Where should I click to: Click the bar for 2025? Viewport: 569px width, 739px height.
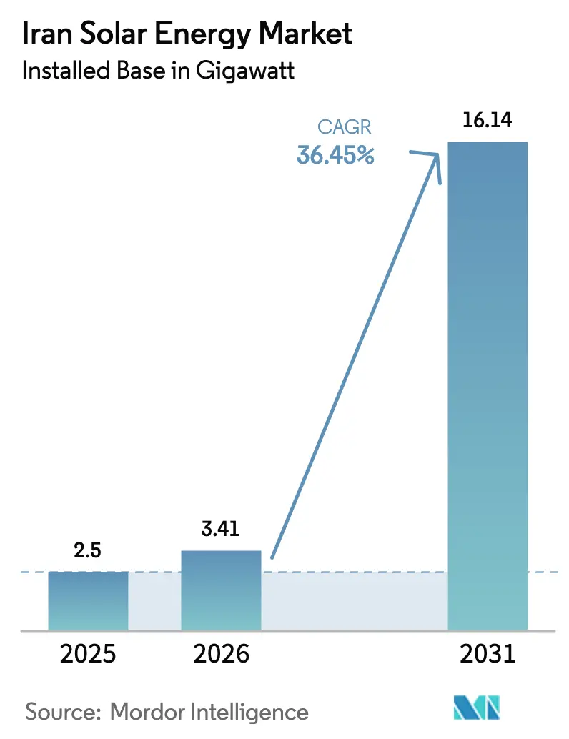click(89, 600)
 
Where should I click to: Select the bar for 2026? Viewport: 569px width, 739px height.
click(221, 590)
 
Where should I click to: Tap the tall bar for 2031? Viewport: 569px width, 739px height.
click(487, 386)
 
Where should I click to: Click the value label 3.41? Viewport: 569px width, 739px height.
click(221, 530)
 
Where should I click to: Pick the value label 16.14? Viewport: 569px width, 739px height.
click(487, 121)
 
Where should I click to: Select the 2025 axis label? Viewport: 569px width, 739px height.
click(89, 654)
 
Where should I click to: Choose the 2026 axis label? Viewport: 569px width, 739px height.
click(221, 654)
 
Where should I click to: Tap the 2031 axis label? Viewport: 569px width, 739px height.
click(487, 654)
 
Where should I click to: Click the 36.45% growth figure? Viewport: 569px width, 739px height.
click(335, 154)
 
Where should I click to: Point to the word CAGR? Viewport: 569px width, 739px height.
click(345, 129)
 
